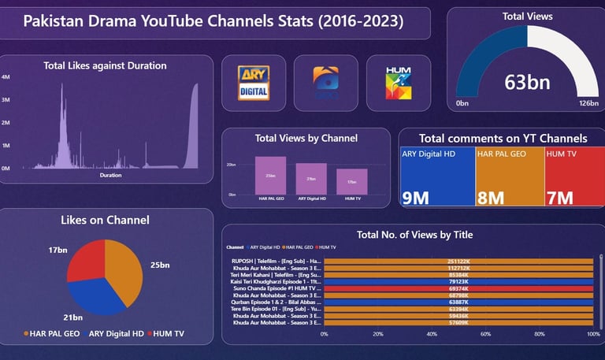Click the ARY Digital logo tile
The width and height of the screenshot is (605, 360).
254,83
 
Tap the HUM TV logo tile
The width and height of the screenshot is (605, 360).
397,83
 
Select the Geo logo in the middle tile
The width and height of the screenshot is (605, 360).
325,83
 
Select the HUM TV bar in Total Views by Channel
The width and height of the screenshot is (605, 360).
351,181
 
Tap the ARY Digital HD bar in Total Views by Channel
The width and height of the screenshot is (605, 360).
311,178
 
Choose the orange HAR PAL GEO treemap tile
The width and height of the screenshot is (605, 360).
510,177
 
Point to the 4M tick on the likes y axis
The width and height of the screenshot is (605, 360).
6,77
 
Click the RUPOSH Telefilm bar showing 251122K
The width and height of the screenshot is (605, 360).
458,260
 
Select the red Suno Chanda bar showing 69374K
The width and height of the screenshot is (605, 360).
458,289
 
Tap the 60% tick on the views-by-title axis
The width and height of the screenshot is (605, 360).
485,334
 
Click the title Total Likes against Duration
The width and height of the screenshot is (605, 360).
105,66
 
